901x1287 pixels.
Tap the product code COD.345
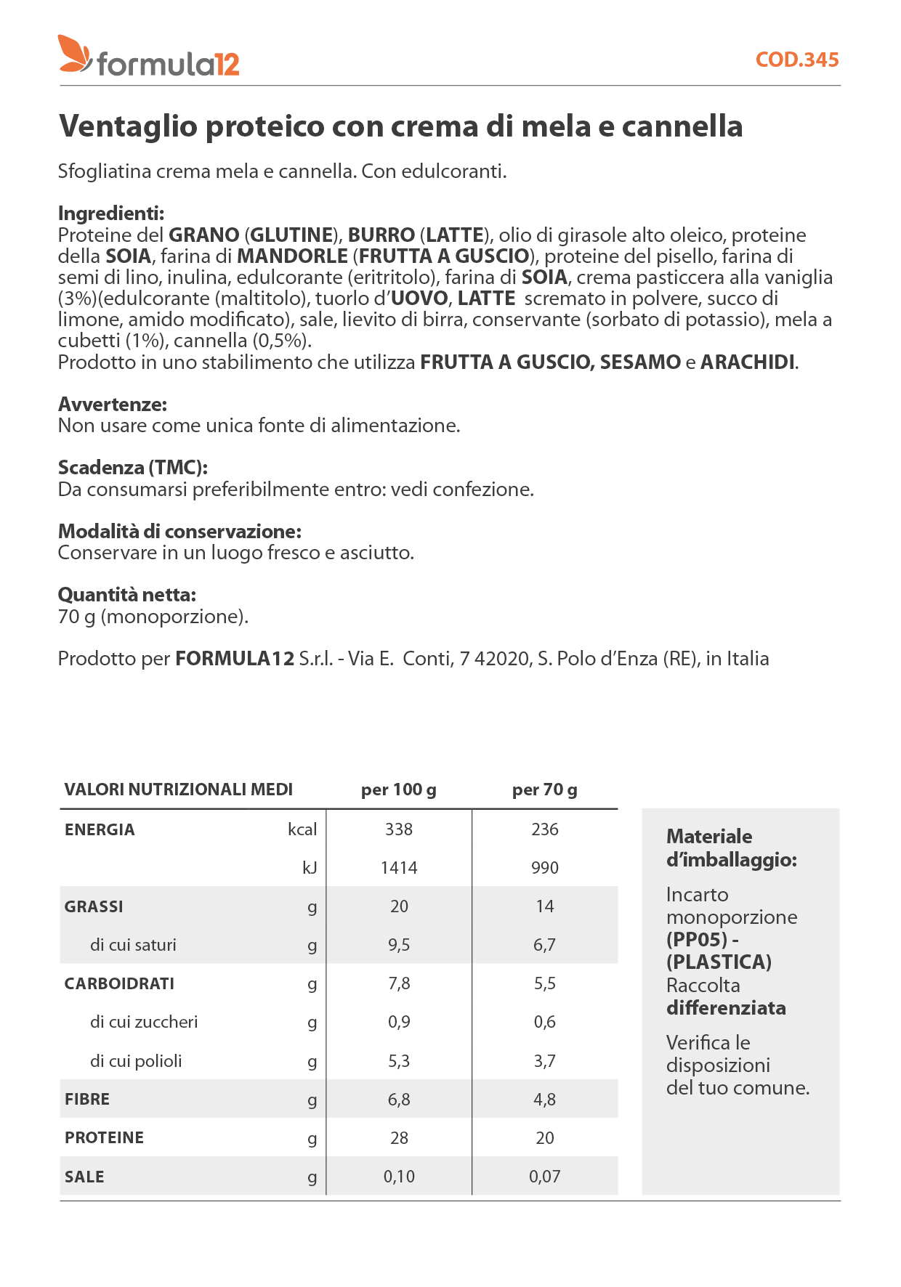click(796, 60)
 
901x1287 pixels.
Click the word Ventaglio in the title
click(128, 126)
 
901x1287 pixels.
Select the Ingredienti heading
click(111, 214)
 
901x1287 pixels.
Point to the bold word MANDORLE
click(292, 256)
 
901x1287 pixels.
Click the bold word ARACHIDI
click(747, 362)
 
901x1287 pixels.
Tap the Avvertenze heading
click(113, 405)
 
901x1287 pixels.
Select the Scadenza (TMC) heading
click(133, 468)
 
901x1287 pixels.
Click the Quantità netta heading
click(127, 595)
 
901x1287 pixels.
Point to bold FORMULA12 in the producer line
click(235, 659)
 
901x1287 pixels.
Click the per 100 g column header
click(398, 789)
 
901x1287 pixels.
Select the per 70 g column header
click(544, 789)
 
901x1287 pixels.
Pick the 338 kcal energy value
click(399, 829)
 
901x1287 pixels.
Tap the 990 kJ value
click(544, 868)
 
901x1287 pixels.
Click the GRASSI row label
click(94, 906)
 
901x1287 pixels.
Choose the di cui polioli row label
click(136, 1061)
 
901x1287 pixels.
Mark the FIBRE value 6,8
click(399, 1100)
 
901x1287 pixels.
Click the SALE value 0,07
click(544, 1177)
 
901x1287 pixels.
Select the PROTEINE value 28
click(399, 1138)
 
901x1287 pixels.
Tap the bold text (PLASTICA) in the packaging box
click(719, 962)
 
